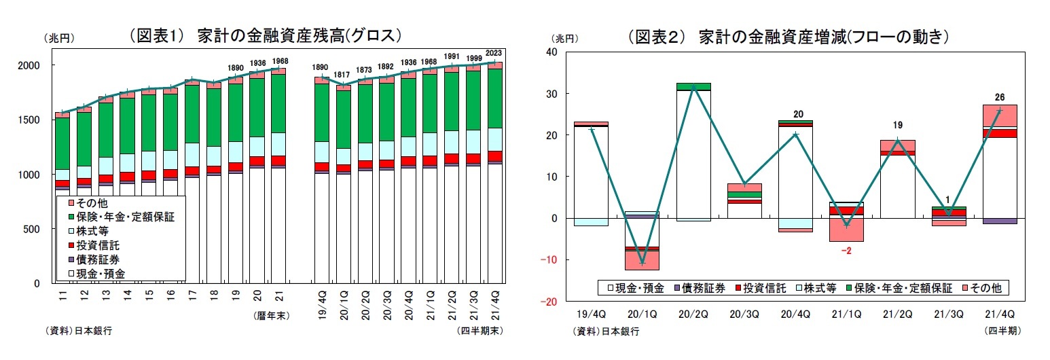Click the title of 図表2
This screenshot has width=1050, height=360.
[x=788, y=36]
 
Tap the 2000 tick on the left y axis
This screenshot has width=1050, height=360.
[x=32, y=65]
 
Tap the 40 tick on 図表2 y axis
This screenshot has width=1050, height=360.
[x=551, y=52]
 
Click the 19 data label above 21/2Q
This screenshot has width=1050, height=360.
[x=898, y=125]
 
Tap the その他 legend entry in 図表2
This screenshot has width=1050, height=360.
[x=988, y=288]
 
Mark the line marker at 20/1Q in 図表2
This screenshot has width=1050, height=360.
[x=642, y=262]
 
